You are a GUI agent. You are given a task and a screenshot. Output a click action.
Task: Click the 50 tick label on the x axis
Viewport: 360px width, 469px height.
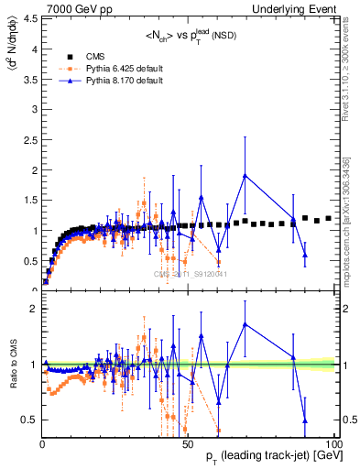(x=187, y=443)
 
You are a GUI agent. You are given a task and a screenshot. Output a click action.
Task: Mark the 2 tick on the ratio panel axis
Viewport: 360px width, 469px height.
(x=32, y=308)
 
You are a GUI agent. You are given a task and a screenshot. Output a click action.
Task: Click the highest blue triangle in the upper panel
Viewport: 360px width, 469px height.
(x=245, y=176)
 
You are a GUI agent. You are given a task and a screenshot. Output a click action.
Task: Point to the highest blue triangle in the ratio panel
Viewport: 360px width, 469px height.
(x=245, y=324)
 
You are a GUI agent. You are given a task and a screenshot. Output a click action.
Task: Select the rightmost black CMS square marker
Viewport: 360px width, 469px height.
(x=329, y=218)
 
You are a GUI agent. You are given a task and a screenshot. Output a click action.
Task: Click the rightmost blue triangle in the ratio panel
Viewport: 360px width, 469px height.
(x=305, y=420)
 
